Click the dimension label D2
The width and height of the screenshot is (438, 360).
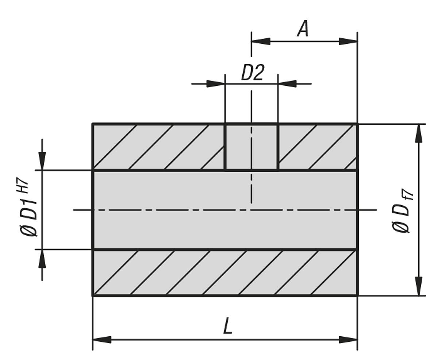pos(252,73)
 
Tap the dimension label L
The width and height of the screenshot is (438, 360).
pos(228,326)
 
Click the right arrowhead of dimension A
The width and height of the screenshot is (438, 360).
pos(348,41)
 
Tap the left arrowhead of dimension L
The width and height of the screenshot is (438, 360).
pos(102,340)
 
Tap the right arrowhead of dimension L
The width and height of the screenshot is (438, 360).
pos(348,340)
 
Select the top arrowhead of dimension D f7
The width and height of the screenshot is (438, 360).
pos(419,133)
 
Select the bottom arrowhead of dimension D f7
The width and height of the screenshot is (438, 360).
pos(419,287)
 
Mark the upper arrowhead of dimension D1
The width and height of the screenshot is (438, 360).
pos(42,160)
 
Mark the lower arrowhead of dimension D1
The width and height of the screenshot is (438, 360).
pos(42,259)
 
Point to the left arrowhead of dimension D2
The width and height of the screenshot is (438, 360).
pos(216,84)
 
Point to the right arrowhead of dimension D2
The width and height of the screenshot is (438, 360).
pos(287,84)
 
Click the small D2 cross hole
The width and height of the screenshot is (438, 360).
pos(251,147)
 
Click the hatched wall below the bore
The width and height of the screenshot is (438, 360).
pos(225,272)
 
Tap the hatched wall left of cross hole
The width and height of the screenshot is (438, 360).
pos(158,147)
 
